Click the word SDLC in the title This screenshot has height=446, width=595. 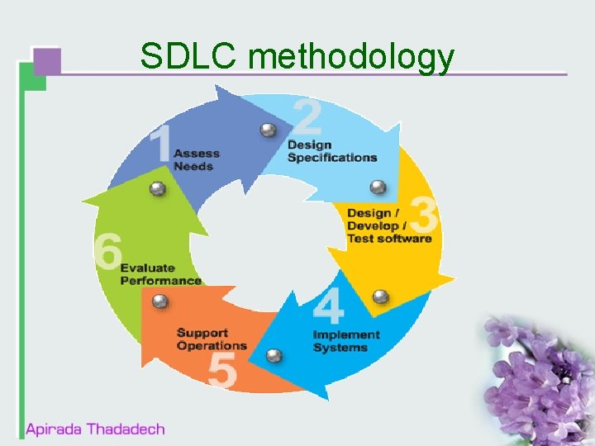[x=189, y=56]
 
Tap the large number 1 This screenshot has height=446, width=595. [x=159, y=145]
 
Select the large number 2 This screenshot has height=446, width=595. [x=307, y=116]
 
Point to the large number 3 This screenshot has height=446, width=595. [x=423, y=216]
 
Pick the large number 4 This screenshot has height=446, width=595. [x=328, y=306]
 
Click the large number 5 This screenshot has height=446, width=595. [x=222, y=370]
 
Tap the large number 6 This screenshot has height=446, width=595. [x=108, y=250]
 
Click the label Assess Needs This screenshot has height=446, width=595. [x=197, y=159]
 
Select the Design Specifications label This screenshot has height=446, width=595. [x=332, y=151]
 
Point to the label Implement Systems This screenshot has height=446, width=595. [x=346, y=341]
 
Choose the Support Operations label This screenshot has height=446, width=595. [x=212, y=339]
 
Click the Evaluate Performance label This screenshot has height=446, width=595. [x=161, y=274]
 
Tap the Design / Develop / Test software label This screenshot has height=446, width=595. [x=389, y=225]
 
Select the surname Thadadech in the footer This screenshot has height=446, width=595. [x=126, y=429]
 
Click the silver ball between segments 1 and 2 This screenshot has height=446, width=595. [x=268, y=130]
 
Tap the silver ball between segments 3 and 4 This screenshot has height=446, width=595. [x=380, y=297]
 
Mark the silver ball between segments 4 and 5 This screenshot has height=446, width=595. [x=274, y=355]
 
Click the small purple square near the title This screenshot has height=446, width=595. [x=47, y=61]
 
